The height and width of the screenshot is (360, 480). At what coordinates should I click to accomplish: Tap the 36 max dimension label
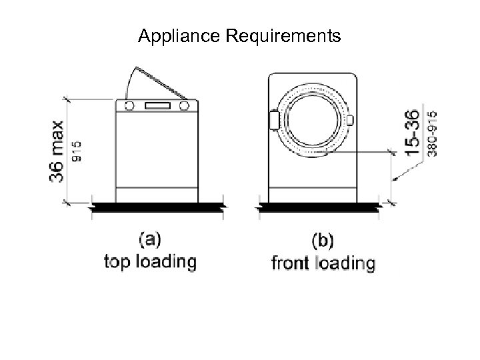pos(57,151)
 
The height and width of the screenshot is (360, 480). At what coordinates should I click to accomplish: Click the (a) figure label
pos(150,238)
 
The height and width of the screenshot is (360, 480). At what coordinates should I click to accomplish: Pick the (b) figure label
pos(323,239)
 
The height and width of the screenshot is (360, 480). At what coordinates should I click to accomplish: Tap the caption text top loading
pos(150,261)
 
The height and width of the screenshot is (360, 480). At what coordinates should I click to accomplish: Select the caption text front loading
pos(323,262)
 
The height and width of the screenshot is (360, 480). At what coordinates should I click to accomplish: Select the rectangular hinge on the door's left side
pos(273,120)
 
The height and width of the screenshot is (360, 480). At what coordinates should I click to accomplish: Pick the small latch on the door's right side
pos(350,120)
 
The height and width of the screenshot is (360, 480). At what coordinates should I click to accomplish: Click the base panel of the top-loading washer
pos(157,195)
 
